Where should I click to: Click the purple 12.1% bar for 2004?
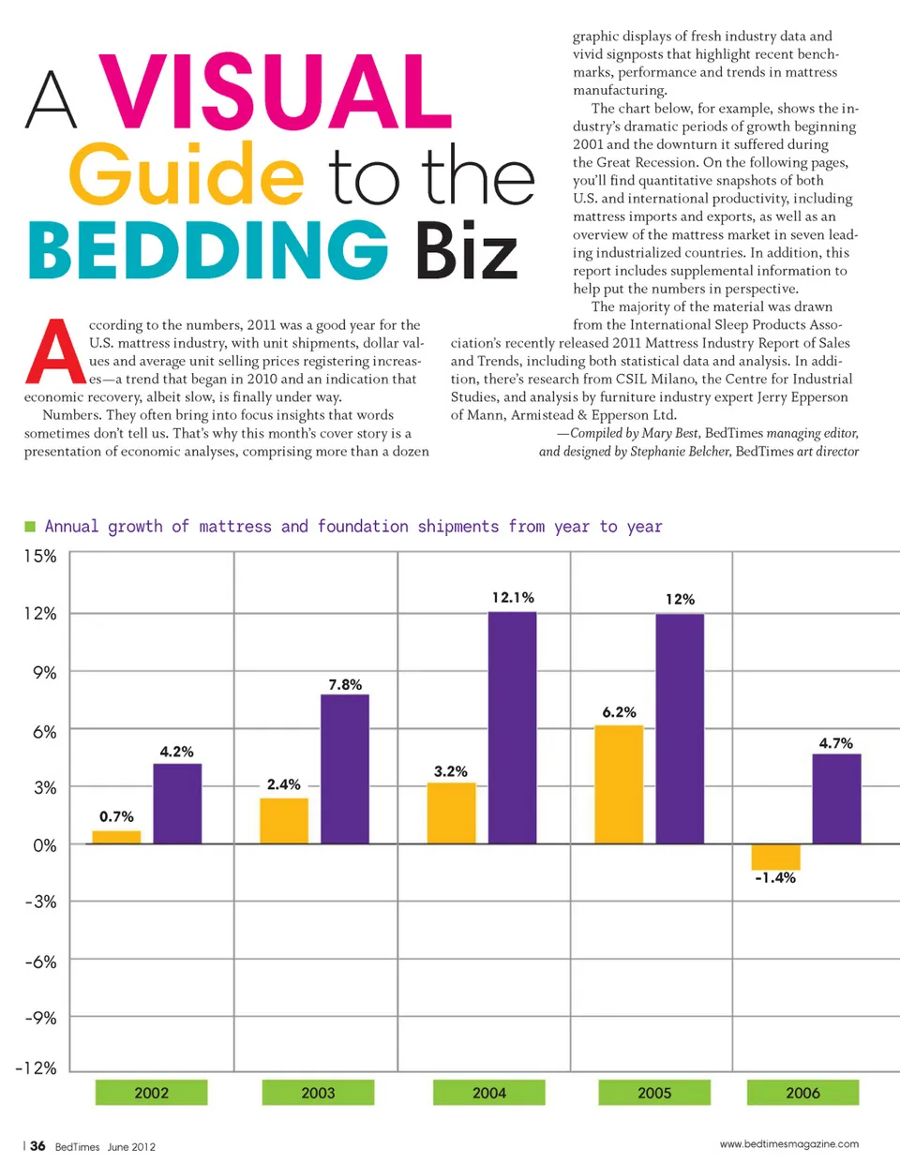(x=512, y=727)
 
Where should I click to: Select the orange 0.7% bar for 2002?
(x=116, y=837)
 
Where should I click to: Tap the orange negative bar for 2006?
(x=775, y=857)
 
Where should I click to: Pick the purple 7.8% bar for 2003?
(x=344, y=769)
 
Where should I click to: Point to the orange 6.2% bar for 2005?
(x=619, y=784)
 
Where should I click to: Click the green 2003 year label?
(x=318, y=1093)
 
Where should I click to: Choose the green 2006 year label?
(x=802, y=1093)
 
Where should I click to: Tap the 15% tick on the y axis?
(x=39, y=556)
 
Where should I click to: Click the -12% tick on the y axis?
(x=36, y=1067)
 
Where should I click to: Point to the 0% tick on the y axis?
(x=44, y=845)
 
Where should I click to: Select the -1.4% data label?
(x=775, y=878)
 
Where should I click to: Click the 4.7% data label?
(x=835, y=743)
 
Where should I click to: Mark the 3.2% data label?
(x=450, y=771)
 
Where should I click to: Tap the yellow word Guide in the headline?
(x=186, y=174)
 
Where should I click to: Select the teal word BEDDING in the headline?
(x=207, y=250)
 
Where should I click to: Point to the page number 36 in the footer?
(x=37, y=1145)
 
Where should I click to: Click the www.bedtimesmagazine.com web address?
(x=788, y=1143)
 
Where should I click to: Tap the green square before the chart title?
(x=30, y=527)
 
